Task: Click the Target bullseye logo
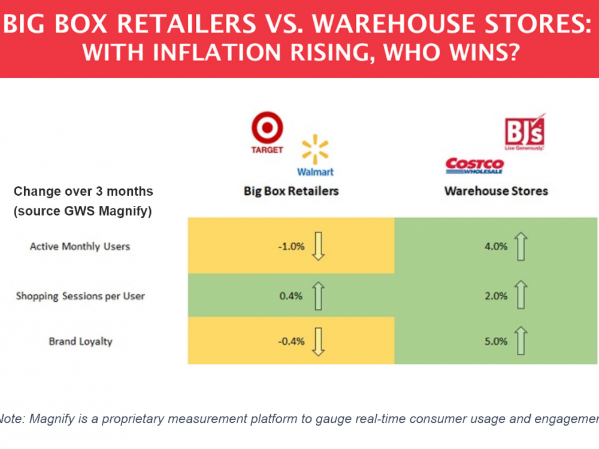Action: [267, 129]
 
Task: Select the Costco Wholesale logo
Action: [474, 166]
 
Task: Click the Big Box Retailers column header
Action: [291, 192]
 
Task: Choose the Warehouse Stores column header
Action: [496, 192]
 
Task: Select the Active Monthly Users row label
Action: [80, 246]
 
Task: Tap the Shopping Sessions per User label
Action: [80, 296]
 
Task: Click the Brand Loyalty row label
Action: [80, 341]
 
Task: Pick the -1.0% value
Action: [291, 246]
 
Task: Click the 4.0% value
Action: [497, 246]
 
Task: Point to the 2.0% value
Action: [497, 296]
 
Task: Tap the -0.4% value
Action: [291, 341]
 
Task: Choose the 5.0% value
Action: [497, 341]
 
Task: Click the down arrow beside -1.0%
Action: [318, 246]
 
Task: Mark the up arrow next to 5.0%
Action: [521, 341]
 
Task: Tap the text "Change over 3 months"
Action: [83, 192]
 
